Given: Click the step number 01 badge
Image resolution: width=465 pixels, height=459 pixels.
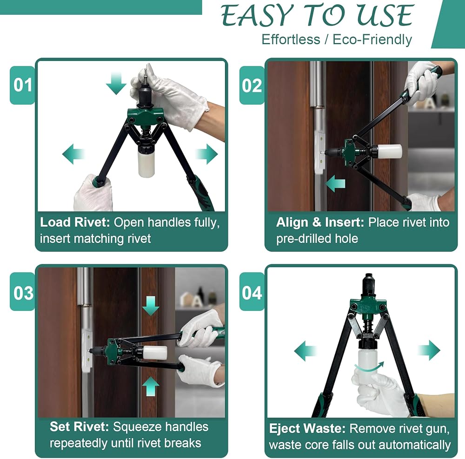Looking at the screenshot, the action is coord(22,85).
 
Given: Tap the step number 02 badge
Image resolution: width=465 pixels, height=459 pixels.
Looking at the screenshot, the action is coord(252,85).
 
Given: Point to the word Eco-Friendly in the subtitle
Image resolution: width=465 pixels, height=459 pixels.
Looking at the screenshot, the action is coord(372,39).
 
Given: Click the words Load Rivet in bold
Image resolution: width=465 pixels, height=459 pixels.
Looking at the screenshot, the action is coord(75,222).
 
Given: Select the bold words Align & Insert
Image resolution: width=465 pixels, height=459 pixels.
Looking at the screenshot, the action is coord(320,222).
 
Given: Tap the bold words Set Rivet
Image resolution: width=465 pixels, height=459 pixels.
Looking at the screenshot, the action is coord(80,427).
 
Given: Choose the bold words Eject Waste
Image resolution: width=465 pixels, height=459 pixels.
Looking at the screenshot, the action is coord(307,428).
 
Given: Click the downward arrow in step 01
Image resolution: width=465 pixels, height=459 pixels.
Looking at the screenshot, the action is coord(116,84).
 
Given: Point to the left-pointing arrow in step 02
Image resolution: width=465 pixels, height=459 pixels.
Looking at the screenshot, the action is coord(335,184).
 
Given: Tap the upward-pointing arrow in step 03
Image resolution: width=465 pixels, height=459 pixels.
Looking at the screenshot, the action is coord(151,386).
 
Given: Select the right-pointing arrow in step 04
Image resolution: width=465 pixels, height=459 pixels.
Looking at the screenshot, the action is coord(429,350).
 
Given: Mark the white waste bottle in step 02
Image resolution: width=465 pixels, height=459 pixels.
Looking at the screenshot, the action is coord(389,151).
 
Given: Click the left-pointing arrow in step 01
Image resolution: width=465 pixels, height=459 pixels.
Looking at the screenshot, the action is coord(73,154).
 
